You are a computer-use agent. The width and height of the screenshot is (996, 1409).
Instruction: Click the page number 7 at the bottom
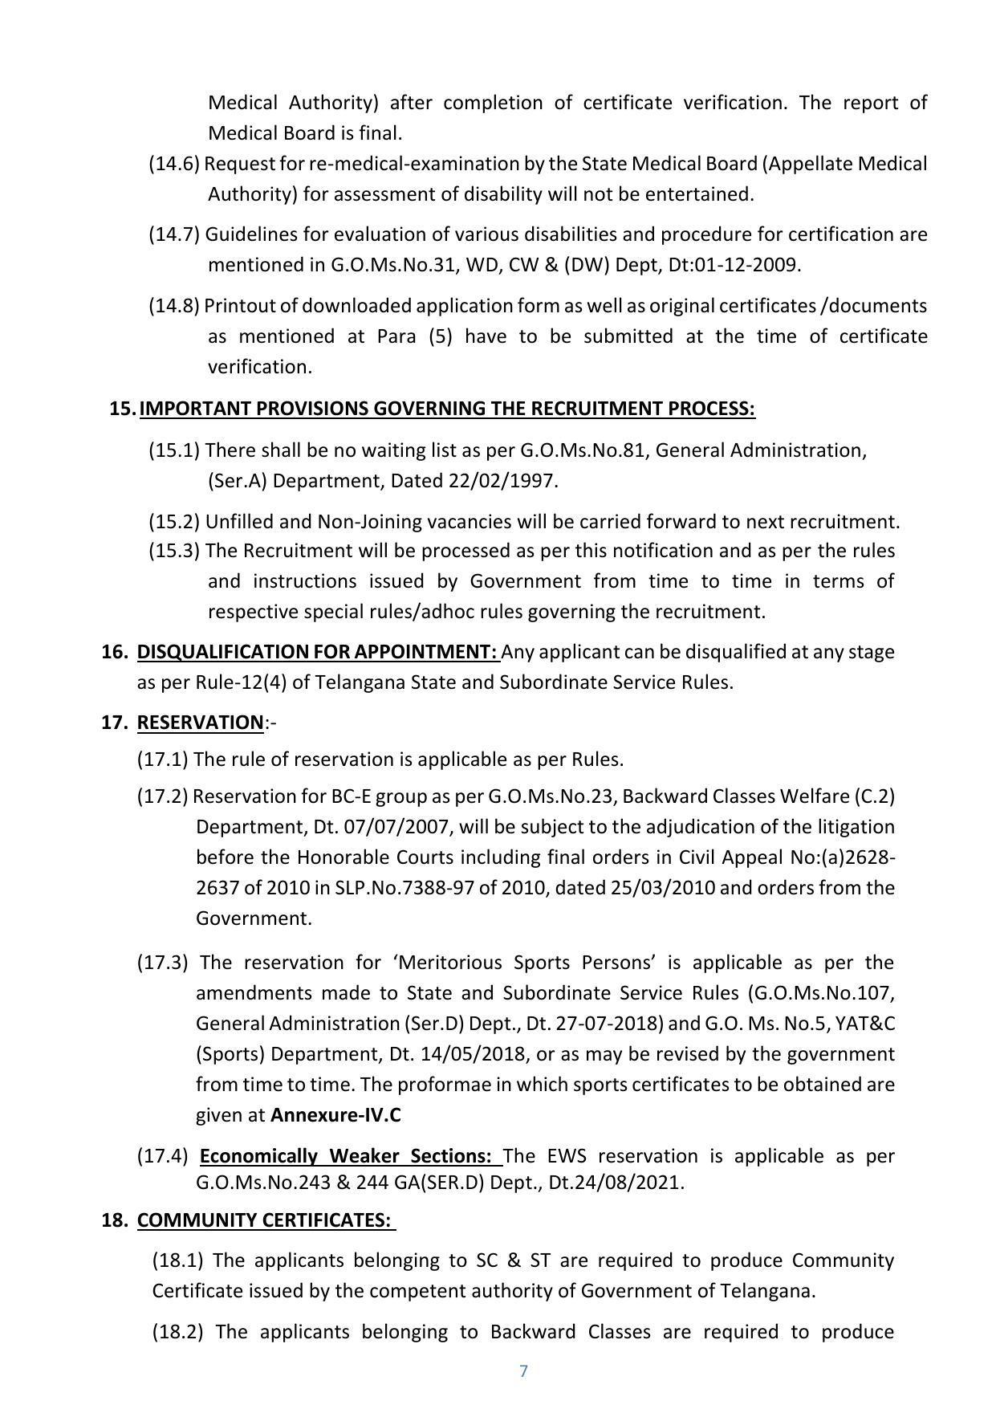(523, 1370)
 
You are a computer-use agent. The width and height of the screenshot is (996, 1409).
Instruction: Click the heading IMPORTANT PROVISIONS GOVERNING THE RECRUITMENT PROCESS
(446, 409)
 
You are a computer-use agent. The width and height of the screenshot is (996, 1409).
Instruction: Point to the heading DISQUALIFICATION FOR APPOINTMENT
(317, 652)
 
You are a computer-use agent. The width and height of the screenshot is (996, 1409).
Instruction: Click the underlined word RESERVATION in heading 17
(200, 723)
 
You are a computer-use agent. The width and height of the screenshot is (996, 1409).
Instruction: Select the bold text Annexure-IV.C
(335, 1115)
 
